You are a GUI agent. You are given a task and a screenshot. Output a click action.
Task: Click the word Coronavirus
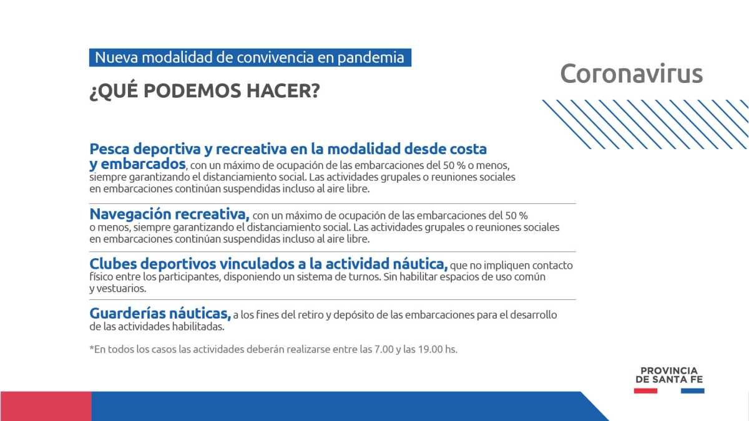[x=631, y=74]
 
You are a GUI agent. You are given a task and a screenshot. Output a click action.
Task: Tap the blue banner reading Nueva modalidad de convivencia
[x=250, y=57]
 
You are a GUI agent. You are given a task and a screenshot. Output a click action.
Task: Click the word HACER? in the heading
[x=283, y=90]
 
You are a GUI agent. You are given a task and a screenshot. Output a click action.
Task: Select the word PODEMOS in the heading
[x=192, y=90]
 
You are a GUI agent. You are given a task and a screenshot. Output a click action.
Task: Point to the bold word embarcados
[x=143, y=163]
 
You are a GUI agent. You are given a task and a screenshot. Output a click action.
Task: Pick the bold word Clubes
[x=113, y=264]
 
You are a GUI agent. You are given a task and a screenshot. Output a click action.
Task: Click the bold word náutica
[x=420, y=264]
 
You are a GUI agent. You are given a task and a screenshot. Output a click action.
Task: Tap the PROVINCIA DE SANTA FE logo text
[x=669, y=375]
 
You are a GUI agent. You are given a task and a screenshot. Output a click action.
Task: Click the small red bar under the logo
[x=645, y=390]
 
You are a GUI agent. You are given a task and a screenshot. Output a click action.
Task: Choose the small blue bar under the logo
[x=692, y=390]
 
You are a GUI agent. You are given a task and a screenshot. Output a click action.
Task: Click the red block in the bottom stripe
[x=46, y=406]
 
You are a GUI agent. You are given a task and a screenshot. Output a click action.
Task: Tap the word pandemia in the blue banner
[x=371, y=58]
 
